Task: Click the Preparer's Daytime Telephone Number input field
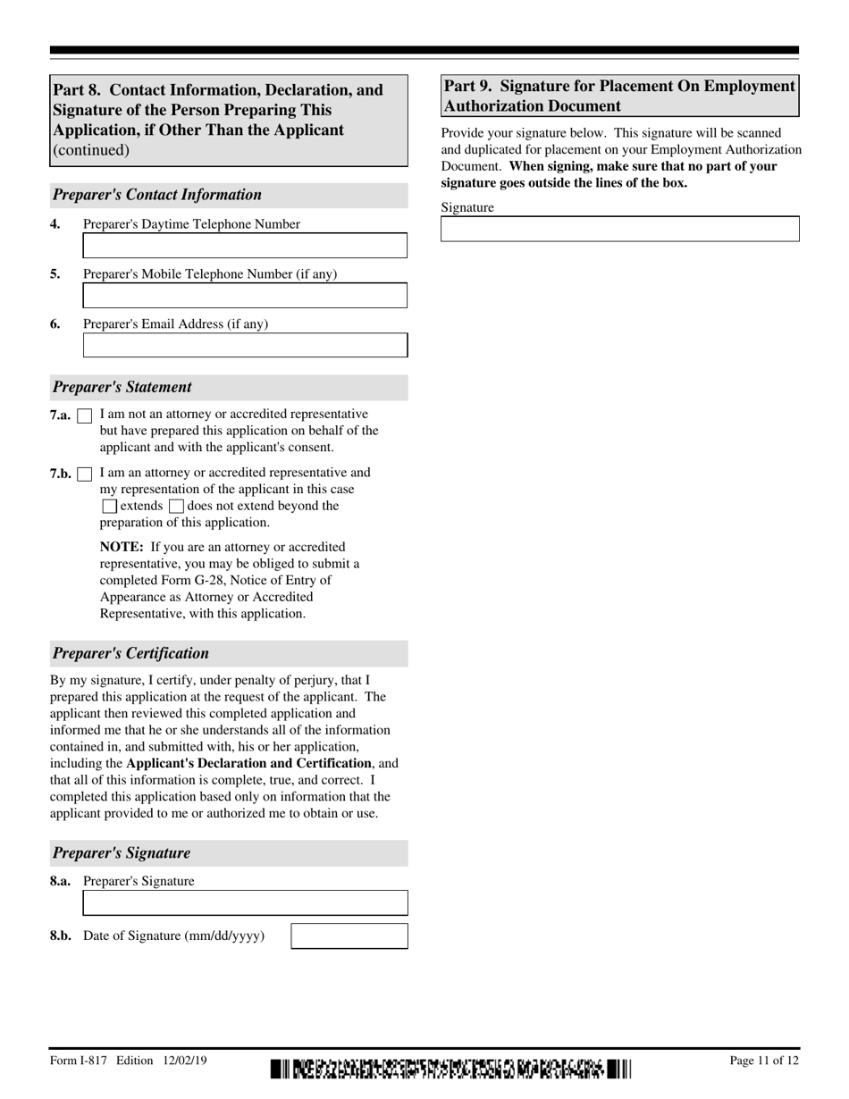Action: (245, 246)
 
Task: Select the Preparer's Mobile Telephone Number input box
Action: (245, 296)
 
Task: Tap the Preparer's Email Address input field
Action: (245, 346)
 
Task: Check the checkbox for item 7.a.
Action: (85, 416)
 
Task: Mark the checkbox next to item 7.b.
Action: (85, 474)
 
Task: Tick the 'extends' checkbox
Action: (109, 507)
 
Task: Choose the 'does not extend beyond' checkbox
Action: (176, 507)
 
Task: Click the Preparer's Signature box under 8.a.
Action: (245, 903)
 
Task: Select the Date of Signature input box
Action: (349, 936)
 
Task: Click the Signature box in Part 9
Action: (619, 230)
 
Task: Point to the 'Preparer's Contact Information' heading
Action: (157, 195)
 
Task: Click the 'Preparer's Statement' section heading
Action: (122, 387)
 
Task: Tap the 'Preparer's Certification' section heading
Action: (130, 653)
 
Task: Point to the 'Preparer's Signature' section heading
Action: (122, 852)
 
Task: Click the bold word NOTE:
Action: (122, 547)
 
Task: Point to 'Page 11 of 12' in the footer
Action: (764, 1061)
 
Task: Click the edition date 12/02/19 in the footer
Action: (185, 1061)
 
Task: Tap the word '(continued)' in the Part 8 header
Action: (91, 150)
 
